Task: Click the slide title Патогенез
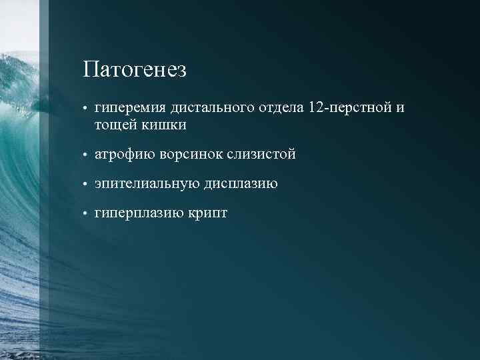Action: click(x=135, y=69)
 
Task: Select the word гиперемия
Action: click(x=130, y=108)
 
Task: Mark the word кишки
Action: click(x=163, y=125)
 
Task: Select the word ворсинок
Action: click(x=193, y=155)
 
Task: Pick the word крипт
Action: click(x=206, y=213)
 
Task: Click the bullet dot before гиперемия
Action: click(x=86, y=109)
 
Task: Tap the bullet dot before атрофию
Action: click(x=86, y=155)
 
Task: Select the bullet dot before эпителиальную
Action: click(x=86, y=185)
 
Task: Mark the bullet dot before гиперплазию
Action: click(x=86, y=214)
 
